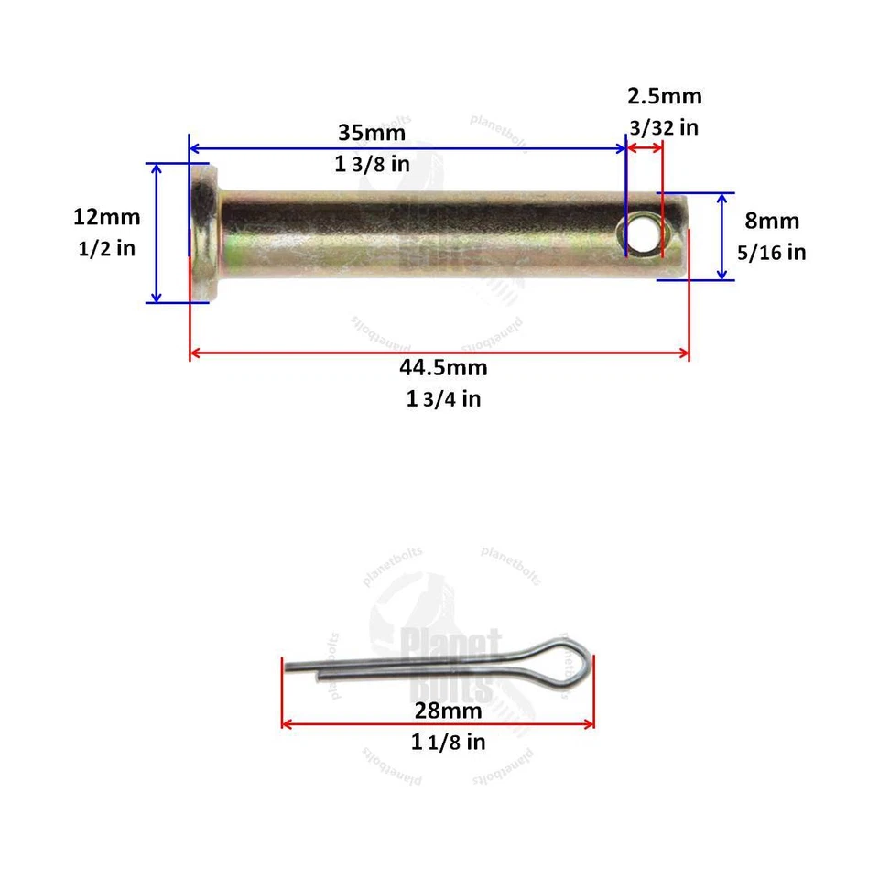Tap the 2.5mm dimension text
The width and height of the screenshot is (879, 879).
[664, 97]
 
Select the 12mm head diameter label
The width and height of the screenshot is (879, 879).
[107, 217]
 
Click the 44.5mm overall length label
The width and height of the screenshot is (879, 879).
[442, 367]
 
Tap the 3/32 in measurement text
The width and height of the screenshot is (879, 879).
[663, 127]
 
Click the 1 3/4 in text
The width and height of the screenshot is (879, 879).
[443, 399]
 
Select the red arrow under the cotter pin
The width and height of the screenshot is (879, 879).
[438, 723]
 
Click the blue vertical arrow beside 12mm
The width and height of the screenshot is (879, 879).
[157, 233]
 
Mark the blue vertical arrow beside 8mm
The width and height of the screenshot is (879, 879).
[723, 236]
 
